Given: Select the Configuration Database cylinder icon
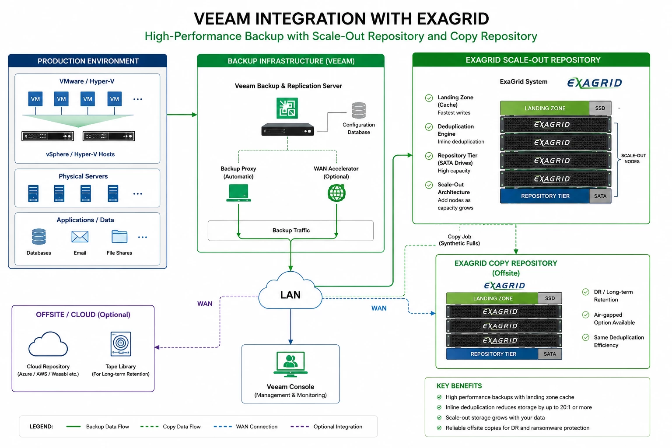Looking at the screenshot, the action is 358,110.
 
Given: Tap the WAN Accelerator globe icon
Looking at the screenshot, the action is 336,193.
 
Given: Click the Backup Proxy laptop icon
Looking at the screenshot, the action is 238,193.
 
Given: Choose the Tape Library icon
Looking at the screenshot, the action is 121,344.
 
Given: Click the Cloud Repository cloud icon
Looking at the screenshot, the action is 48,344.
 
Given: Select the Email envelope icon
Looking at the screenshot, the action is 80,237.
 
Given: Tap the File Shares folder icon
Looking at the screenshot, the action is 119,236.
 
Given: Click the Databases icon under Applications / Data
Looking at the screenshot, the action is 38,236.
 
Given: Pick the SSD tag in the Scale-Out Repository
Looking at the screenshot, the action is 600,108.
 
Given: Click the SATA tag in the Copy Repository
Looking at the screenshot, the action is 550,354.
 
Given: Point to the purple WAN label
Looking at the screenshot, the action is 205,304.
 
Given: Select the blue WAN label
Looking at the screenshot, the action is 379,308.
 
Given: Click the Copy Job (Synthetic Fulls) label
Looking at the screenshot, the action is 459,240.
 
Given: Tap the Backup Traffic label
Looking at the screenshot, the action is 291,231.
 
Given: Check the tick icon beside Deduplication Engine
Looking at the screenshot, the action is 429,127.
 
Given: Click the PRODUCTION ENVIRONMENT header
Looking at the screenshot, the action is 88,61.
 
